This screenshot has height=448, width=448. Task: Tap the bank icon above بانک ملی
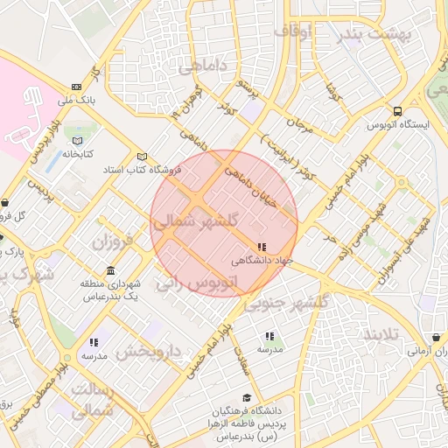[76, 87]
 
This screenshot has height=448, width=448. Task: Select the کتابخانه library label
[77, 153]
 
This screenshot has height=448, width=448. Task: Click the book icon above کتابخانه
[77, 140]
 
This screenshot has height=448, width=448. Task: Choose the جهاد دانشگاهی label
[262, 261]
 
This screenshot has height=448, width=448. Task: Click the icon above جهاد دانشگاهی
[262, 247]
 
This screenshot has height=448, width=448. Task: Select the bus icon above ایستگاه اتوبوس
[398, 111]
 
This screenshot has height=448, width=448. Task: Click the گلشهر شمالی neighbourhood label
[195, 223]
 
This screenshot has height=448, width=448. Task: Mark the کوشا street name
[332, 90]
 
